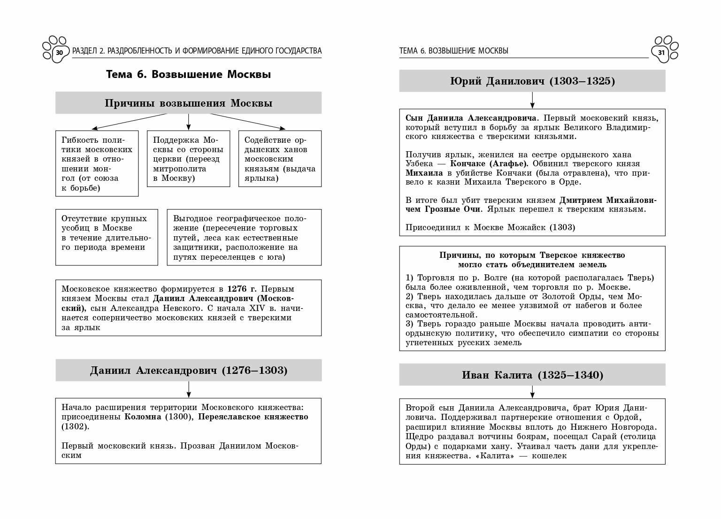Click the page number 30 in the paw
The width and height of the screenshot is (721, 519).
click(59, 53)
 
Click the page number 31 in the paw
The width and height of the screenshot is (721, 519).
click(661, 53)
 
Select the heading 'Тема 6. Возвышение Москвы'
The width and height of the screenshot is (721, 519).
click(188, 75)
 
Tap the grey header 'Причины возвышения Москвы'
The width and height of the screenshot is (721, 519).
click(188, 103)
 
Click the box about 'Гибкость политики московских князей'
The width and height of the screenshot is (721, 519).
click(97, 163)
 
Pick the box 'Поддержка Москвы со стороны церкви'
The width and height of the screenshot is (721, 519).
click(188, 159)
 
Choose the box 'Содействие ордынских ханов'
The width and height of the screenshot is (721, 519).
click(280, 159)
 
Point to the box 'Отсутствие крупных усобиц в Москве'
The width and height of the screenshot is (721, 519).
click(107, 237)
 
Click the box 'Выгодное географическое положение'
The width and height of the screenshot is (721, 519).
click(244, 237)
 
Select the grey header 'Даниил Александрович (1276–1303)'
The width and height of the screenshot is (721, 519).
click(188, 371)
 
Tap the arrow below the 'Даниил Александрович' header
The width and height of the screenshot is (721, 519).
click(188, 389)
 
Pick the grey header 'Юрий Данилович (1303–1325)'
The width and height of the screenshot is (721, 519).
click(532, 81)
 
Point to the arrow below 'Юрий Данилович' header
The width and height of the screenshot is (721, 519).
click(532, 100)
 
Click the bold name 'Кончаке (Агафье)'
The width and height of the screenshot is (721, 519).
click(489, 164)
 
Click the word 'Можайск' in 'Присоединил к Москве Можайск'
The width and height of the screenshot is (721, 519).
click(520, 228)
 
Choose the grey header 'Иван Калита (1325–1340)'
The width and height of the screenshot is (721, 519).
click(532, 375)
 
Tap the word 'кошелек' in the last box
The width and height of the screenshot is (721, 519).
click(549, 456)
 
